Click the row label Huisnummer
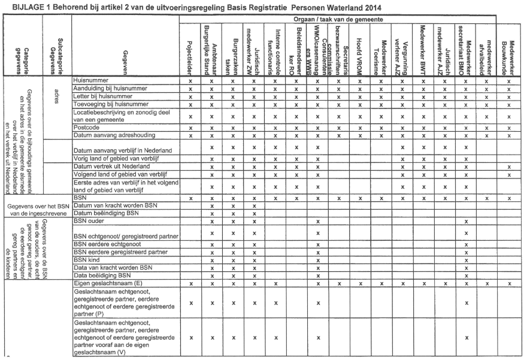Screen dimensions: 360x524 [90, 80]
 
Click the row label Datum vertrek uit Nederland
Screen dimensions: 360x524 [107, 166]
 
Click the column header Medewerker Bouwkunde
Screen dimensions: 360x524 [508, 50]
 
